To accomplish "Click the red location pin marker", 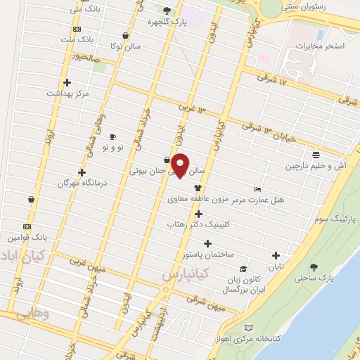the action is click(x=181, y=165).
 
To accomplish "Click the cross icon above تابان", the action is click(x=276, y=256).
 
